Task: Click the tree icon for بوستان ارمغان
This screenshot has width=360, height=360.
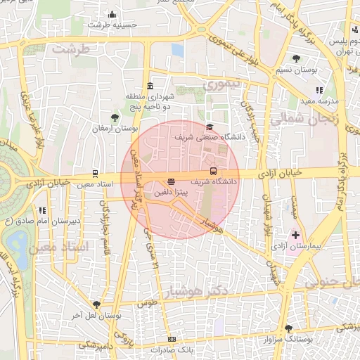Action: [115, 117]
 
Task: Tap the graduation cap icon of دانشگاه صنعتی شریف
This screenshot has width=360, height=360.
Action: [210, 127]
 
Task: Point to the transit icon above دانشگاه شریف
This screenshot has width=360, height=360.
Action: [213, 171]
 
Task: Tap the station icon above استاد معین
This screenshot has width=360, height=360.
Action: [95, 174]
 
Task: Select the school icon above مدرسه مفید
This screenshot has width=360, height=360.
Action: [319, 90]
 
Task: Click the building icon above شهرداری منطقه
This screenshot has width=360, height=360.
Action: [148, 85]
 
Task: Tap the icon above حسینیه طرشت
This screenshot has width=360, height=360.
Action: [112, 14]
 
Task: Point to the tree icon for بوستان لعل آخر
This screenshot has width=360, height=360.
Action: [97, 304]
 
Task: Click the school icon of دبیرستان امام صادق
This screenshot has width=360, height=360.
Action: [43, 210]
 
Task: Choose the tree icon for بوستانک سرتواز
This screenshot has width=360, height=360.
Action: [288, 328]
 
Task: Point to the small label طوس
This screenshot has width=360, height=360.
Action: [147, 304]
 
